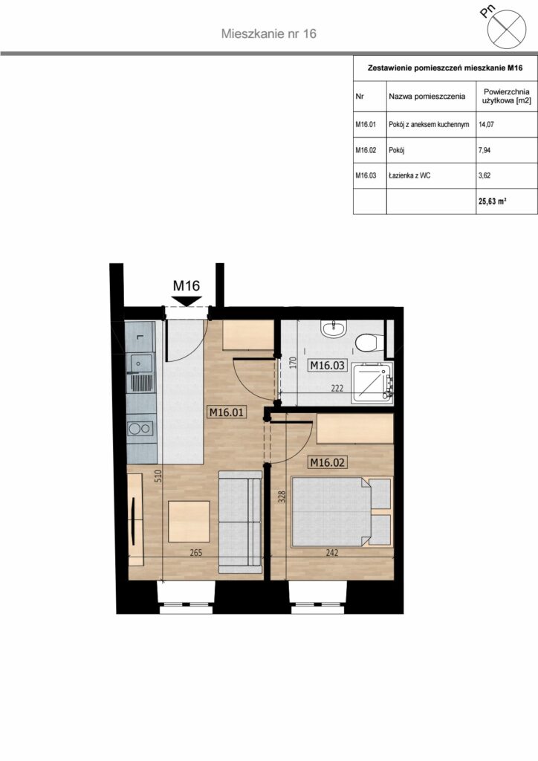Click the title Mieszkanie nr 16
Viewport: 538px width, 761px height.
(x=269, y=33)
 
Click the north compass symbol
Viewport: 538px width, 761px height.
(x=507, y=29)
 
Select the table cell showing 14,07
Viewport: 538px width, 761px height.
(x=486, y=124)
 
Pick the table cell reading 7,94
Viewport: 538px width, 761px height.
(x=484, y=150)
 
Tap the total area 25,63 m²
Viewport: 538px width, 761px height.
(x=493, y=201)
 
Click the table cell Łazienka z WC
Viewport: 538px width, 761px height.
(x=409, y=175)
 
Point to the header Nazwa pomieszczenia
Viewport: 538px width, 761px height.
(x=427, y=96)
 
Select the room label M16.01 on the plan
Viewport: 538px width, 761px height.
(x=227, y=412)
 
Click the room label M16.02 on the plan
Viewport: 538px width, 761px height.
(x=328, y=462)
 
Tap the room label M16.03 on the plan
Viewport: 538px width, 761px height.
(x=328, y=365)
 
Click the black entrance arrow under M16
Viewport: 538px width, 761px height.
(x=187, y=302)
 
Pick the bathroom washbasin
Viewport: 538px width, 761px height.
(x=334, y=328)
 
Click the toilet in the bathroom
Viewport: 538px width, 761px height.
(x=367, y=342)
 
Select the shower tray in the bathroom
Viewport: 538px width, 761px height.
(x=373, y=382)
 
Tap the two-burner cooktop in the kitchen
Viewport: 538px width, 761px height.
(x=140, y=429)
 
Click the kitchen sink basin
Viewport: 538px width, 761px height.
(x=140, y=362)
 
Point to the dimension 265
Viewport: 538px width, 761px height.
(x=196, y=552)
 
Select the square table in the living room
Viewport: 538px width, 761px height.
(x=189, y=522)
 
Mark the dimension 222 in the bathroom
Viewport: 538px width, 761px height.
(x=337, y=388)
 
